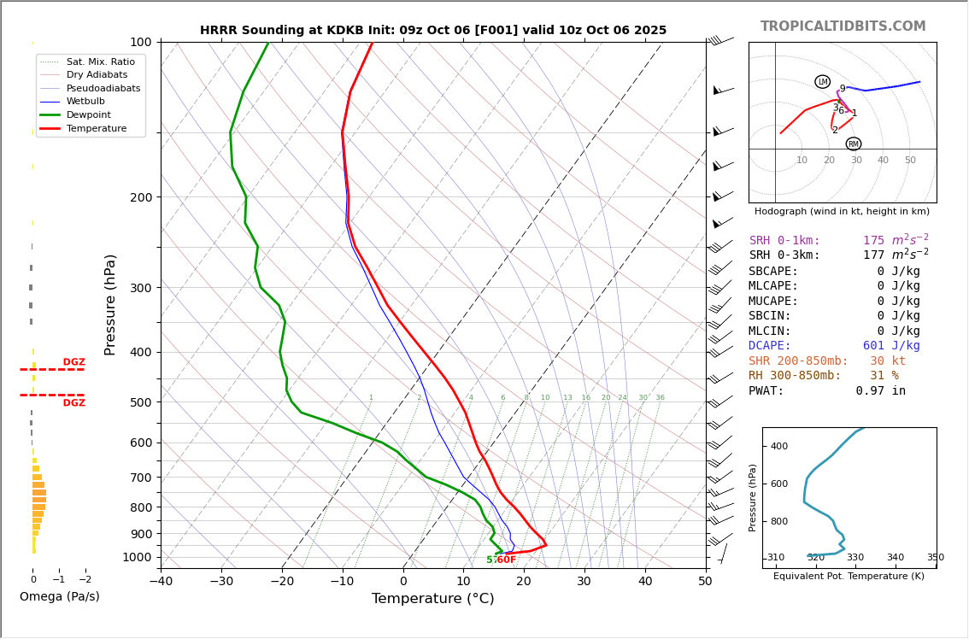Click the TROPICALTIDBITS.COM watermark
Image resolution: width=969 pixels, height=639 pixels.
[843, 26]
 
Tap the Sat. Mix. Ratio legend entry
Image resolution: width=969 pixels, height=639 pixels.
[100, 62]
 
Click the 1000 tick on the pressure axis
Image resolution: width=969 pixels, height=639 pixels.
[137, 557]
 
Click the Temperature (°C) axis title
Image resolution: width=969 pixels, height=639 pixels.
[432, 599]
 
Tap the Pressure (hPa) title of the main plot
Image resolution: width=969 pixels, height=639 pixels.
[110, 304]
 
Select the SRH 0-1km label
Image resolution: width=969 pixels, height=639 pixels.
[784, 241]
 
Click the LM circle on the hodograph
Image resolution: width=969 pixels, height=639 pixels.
[822, 82]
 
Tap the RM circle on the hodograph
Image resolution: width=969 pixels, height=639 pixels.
[853, 144]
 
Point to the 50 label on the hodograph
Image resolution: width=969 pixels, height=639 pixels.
[910, 161]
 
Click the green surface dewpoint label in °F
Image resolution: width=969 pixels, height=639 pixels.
[501, 560]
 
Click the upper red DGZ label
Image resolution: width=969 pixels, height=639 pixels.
[73, 362]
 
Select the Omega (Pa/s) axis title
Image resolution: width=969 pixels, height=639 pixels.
[59, 596]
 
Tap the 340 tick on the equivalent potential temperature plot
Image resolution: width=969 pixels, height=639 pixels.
[895, 558]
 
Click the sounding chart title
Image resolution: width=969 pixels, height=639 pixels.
[432, 30]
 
